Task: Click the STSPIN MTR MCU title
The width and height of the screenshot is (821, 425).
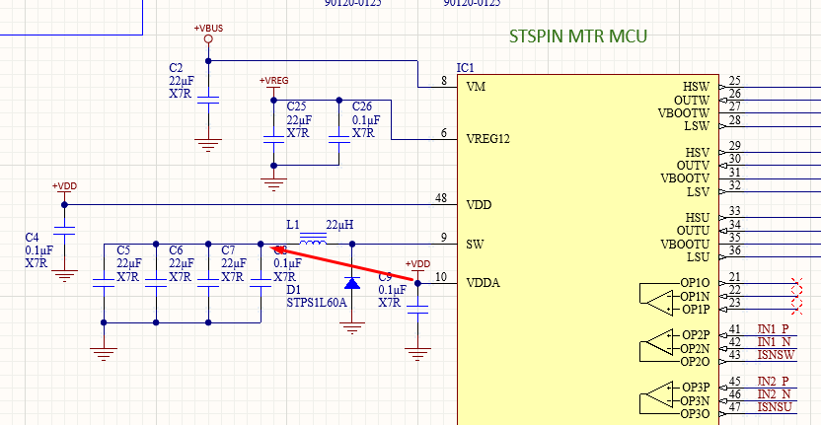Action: point(577,37)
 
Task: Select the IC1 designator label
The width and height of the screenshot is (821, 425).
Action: point(465,68)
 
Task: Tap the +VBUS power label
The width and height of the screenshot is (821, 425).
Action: point(208,28)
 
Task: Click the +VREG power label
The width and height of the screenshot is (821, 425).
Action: point(273,80)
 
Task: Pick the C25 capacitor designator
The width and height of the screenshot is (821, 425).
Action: point(296,106)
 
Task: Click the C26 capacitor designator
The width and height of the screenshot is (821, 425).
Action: point(362,106)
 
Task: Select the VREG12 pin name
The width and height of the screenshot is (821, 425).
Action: point(487,138)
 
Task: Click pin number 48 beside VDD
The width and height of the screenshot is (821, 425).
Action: point(441,198)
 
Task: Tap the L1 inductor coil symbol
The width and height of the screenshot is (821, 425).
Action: point(314,241)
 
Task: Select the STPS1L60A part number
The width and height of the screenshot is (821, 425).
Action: point(316,304)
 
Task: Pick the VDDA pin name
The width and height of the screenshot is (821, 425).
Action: point(483,283)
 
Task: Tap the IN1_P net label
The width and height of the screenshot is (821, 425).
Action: point(775,328)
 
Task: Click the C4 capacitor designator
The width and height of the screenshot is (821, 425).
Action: point(32,238)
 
